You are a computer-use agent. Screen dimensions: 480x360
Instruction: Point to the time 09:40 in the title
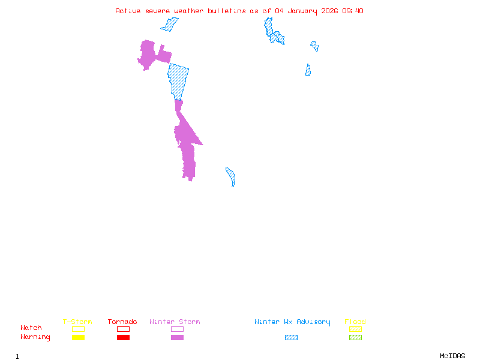[x=353, y=11]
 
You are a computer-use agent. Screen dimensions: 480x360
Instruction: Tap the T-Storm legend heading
[x=77, y=322]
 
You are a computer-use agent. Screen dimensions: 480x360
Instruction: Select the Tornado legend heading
[x=122, y=322]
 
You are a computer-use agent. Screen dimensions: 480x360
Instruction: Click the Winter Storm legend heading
[x=175, y=322]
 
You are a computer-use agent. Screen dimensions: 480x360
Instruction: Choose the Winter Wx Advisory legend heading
[x=292, y=322]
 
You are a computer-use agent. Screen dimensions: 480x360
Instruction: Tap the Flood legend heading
[x=355, y=322]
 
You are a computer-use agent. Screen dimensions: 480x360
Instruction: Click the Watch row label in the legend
[x=31, y=328]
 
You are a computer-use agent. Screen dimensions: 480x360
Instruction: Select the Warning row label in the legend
[x=35, y=337]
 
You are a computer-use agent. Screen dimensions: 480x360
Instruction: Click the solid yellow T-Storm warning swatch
[x=78, y=337]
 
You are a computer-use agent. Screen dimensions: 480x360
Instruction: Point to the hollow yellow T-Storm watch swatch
[x=78, y=329]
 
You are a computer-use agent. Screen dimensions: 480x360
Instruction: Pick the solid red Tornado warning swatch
[x=123, y=337]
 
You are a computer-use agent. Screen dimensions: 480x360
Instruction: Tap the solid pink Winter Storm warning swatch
[x=177, y=337]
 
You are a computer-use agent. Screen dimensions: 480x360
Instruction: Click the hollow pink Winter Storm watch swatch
[x=177, y=329]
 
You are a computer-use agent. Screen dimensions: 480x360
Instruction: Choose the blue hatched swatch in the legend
[x=291, y=337]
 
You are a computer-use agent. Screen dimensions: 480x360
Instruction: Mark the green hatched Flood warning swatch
[x=355, y=337]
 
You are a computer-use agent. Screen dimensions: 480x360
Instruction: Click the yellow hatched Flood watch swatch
[x=355, y=329]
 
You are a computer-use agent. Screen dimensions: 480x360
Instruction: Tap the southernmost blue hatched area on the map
[x=231, y=177]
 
